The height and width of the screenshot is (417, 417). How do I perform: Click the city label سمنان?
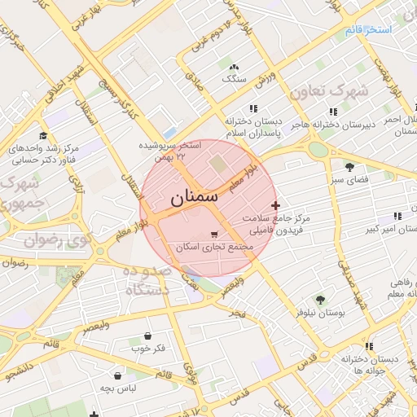coord(196,198)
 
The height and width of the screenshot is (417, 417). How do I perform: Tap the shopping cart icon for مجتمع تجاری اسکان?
coord(213,234)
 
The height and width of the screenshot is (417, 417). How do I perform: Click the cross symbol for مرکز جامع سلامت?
coord(275,204)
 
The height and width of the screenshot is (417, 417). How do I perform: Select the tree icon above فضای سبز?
coord(349,166)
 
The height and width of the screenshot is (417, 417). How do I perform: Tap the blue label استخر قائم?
coord(368,30)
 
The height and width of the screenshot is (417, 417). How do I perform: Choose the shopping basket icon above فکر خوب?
coord(147,336)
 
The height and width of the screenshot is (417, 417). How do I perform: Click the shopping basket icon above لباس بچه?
coord(118,376)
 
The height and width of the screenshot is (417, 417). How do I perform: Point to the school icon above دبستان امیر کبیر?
coord(397,216)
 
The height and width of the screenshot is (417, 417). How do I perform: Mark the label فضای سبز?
coord(350,178)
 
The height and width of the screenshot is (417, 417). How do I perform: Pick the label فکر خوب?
coord(148,349)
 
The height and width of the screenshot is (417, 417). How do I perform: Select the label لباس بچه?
coord(117,389)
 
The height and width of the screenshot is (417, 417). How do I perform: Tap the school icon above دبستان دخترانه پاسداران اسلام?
coord(253,108)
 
